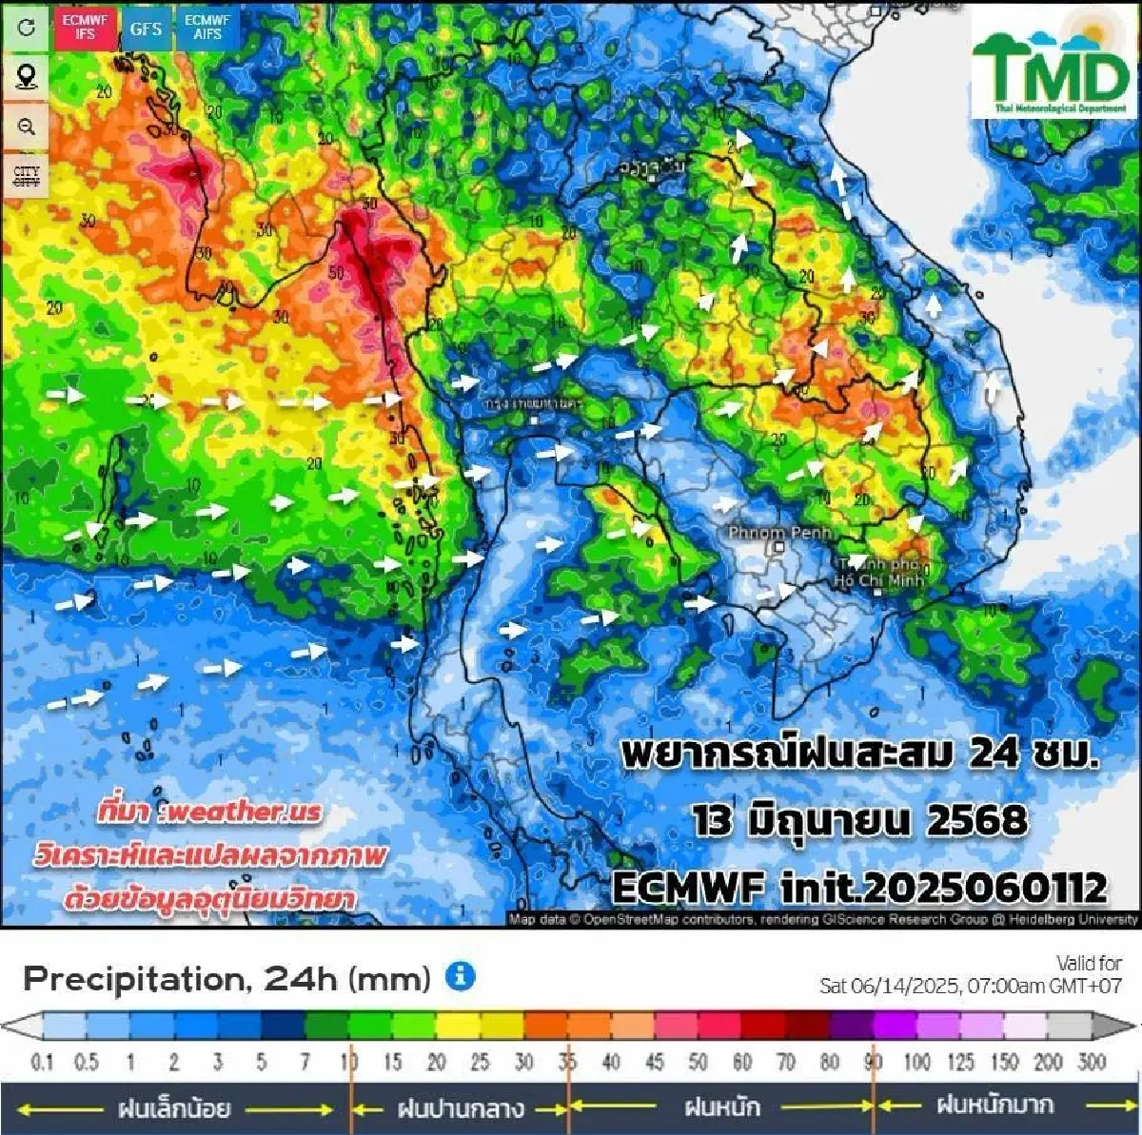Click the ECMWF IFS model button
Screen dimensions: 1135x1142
pos(86,27)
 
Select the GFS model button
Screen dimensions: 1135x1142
pos(146,29)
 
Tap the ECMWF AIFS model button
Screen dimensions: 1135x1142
pos(207,27)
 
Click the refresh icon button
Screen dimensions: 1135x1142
pos(27,27)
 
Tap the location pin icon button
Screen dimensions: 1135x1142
pos(27,76)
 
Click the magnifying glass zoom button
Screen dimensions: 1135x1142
pos(27,127)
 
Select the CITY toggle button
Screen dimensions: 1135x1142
pos(27,176)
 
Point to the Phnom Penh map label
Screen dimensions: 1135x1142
pos(779,532)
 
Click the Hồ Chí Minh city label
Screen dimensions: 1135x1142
pos(877,573)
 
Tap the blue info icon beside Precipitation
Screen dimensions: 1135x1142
pos(461,976)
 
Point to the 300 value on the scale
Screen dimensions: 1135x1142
pos(1092,1061)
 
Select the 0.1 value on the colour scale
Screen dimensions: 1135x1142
pos(42,1061)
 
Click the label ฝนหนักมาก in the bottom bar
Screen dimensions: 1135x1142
pos(994,1106)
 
